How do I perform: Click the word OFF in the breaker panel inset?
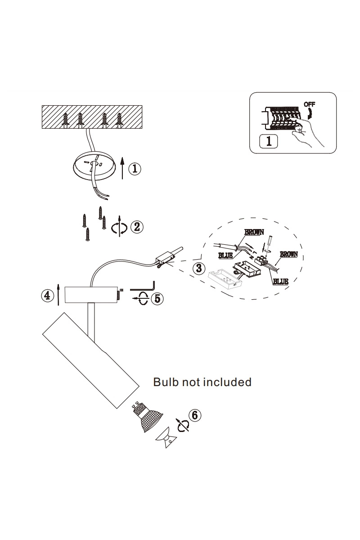pyautogui.click(x=309, y=104)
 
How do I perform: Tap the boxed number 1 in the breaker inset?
pyautogui.click(x=269, y=141)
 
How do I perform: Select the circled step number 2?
pyautogui.click(x=137, y=227)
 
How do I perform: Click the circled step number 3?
pyautogui.click(x=199, y=268)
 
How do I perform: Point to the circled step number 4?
pyautogui.click(x=48, y=295)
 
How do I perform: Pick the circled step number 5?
pyautogui.click(x=157, y=298)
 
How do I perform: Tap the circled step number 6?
pyautogui.click(x=194, y=415)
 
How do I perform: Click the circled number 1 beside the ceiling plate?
pyautogui.click(x=135, y=168)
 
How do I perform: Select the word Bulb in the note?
pyautogui.click(x=166, y=382)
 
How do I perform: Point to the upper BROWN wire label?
pyautogui.click(x=254, y=232)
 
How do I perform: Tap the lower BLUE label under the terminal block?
pyautogui.click(x=280, y=281)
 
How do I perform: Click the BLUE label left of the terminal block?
pyautogui.click(x=225, y=256)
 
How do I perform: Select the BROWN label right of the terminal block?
pyautogui.click(x=288, y=254)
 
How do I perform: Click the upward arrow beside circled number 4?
pyautogui.click(x=58, y=295)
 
